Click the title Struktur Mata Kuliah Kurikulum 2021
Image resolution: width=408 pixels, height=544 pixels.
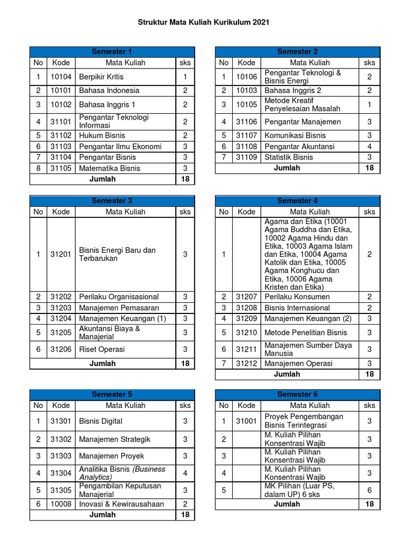coord(204,22)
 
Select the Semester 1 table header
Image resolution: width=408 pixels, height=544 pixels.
coord(112,52)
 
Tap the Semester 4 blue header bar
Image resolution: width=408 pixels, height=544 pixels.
coord(297,201)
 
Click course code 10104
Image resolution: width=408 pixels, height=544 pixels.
coord(61,77)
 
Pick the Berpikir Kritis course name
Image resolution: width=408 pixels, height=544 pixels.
coord(101,77)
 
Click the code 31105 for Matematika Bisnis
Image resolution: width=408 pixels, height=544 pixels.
coord(61,168)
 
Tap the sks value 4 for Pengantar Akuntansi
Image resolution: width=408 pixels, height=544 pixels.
coord(369,146)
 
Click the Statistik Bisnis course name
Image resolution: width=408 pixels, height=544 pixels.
coord(288,157)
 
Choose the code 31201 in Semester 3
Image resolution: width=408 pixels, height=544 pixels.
coord(61,254)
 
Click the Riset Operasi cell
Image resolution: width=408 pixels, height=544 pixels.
coord(101,349)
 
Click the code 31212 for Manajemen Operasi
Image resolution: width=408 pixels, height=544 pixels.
coord(246,363)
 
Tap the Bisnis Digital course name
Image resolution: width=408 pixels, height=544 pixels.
coord(100,421)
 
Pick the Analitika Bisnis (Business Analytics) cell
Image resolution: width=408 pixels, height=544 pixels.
coord(122,473)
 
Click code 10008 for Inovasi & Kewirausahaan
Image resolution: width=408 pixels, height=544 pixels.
coord(61,504)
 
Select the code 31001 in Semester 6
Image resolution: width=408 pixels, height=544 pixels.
coord(246,421)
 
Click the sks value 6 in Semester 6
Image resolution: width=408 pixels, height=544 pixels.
coord(369,490)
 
